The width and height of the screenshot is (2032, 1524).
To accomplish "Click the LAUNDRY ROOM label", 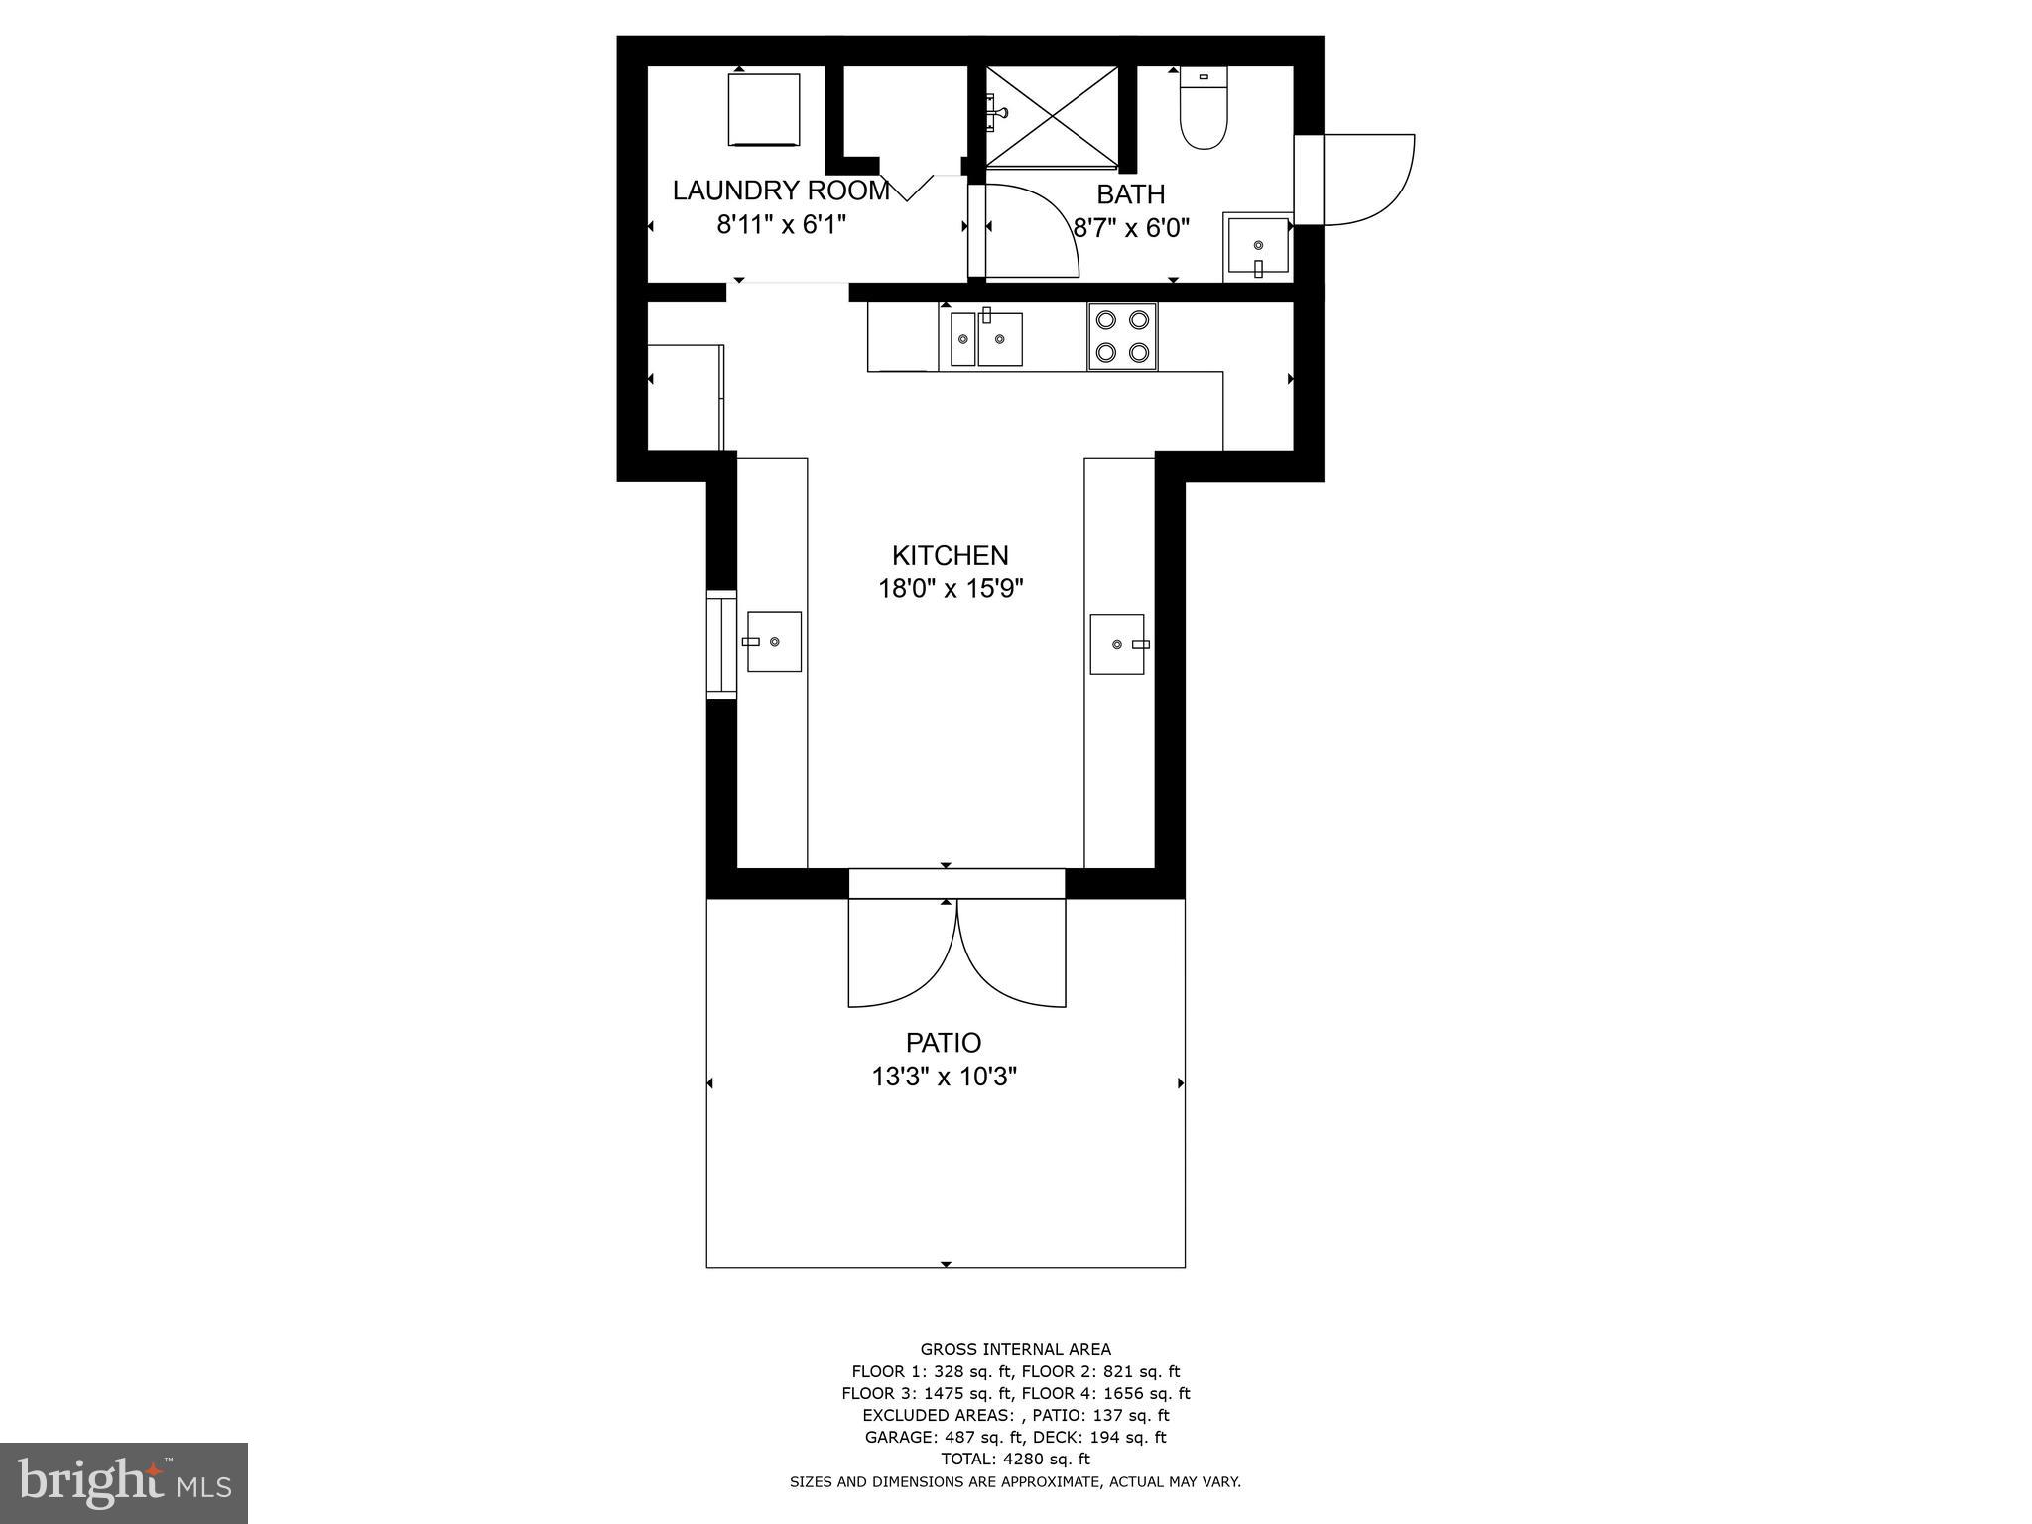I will (781, 190).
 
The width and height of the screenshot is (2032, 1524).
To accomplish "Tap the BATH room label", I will (1130, 194).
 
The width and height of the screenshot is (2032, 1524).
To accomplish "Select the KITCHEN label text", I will (950, 555).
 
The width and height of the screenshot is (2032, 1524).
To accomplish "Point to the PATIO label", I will (944, 1043).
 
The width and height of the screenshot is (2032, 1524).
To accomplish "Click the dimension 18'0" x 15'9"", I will (950, 589).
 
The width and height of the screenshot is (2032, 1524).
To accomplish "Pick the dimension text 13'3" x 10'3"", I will (944, 1077).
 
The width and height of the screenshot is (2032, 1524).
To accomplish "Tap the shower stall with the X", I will (1052, 114).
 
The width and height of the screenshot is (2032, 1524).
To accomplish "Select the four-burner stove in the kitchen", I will (1122, 336).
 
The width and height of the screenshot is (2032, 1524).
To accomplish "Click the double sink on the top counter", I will (985, 339).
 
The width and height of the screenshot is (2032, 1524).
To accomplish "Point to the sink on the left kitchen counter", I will (774, 641).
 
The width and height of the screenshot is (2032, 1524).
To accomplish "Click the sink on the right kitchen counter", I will (1117, 644).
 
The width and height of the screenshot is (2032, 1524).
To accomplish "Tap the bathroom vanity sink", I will (1259, 245).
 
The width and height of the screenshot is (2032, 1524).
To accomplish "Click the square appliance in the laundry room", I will (764, 109).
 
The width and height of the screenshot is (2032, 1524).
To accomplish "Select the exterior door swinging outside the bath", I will (1364, 179).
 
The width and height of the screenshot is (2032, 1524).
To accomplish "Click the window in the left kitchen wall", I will (721, 645).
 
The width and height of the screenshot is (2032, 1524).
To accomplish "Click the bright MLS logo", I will (124, 1482).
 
